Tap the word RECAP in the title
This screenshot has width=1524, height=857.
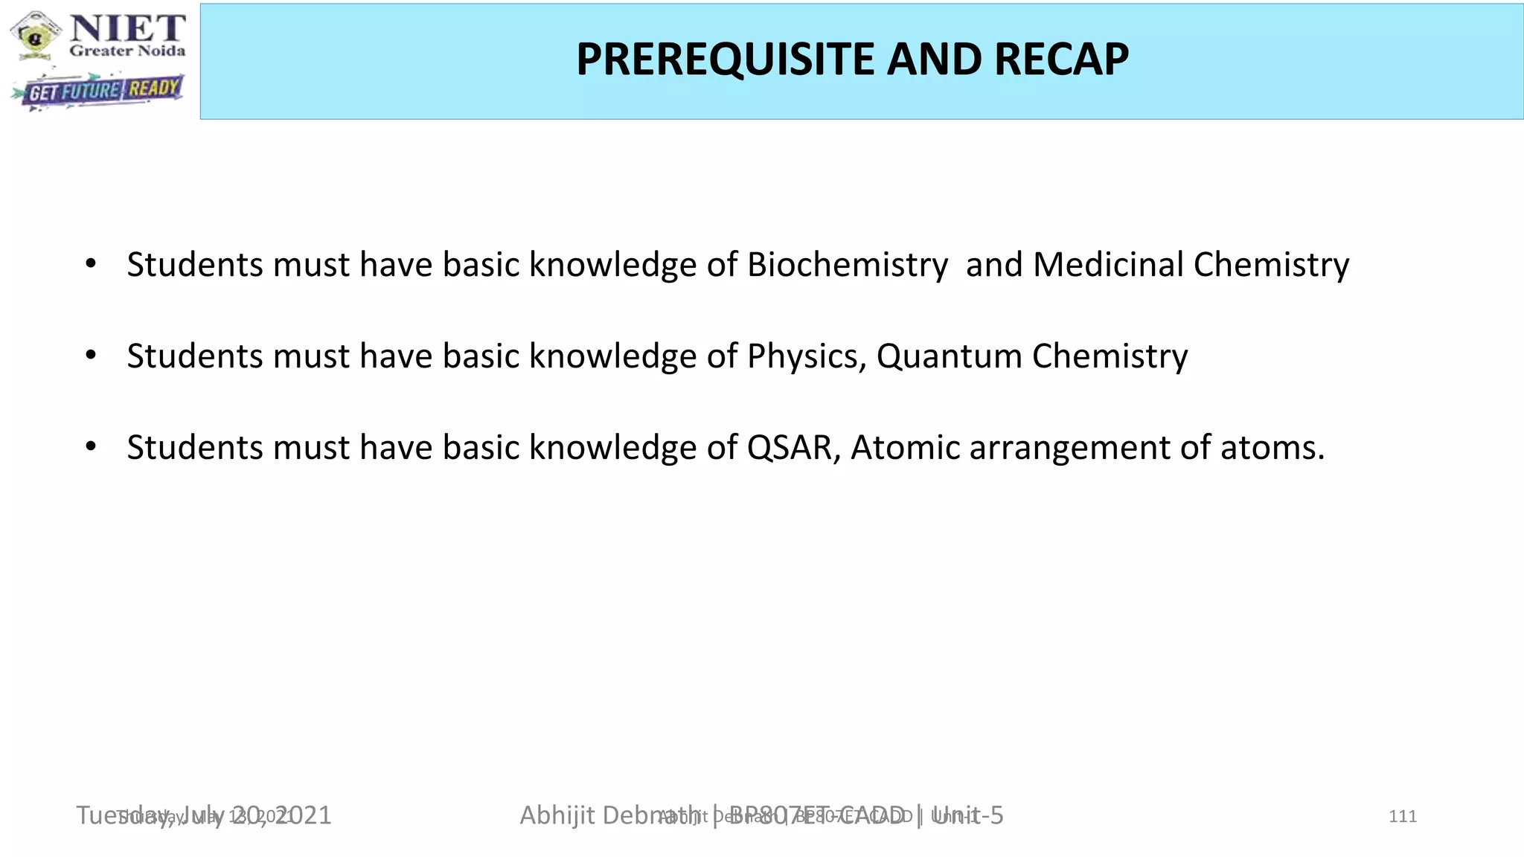pyautogui.click(x=1060, y=60)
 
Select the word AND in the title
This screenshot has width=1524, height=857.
pyautogui.click(x=933, y=60)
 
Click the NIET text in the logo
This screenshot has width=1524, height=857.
pyautogui.click(x=127, y=28)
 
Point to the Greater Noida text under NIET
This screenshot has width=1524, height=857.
pyautogui.click(x=127, y=51)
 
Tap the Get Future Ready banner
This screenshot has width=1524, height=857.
pyautogui.click(x=98, y=91)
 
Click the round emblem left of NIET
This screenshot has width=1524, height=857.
pyautogui.click(x=36, y=34)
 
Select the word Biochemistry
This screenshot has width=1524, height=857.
pyautogui.click(x=848, y=265)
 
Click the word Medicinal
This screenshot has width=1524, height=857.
pyautogui.click(x=1107, y=265)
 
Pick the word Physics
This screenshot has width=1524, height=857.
pyautogui.click(x=807, y=356)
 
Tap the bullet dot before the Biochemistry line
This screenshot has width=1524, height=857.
pyautogui.click(x=91, y=264)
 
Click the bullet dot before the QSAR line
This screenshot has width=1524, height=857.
pyautogui.click(x=91, y=447)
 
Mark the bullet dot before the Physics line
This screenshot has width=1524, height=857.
pyautogui.click(x=91, y=356)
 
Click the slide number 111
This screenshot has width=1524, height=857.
pyautogui.click(x=1402, y=817)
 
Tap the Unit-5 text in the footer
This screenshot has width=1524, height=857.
pyautogui.click(x=967, y=816)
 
